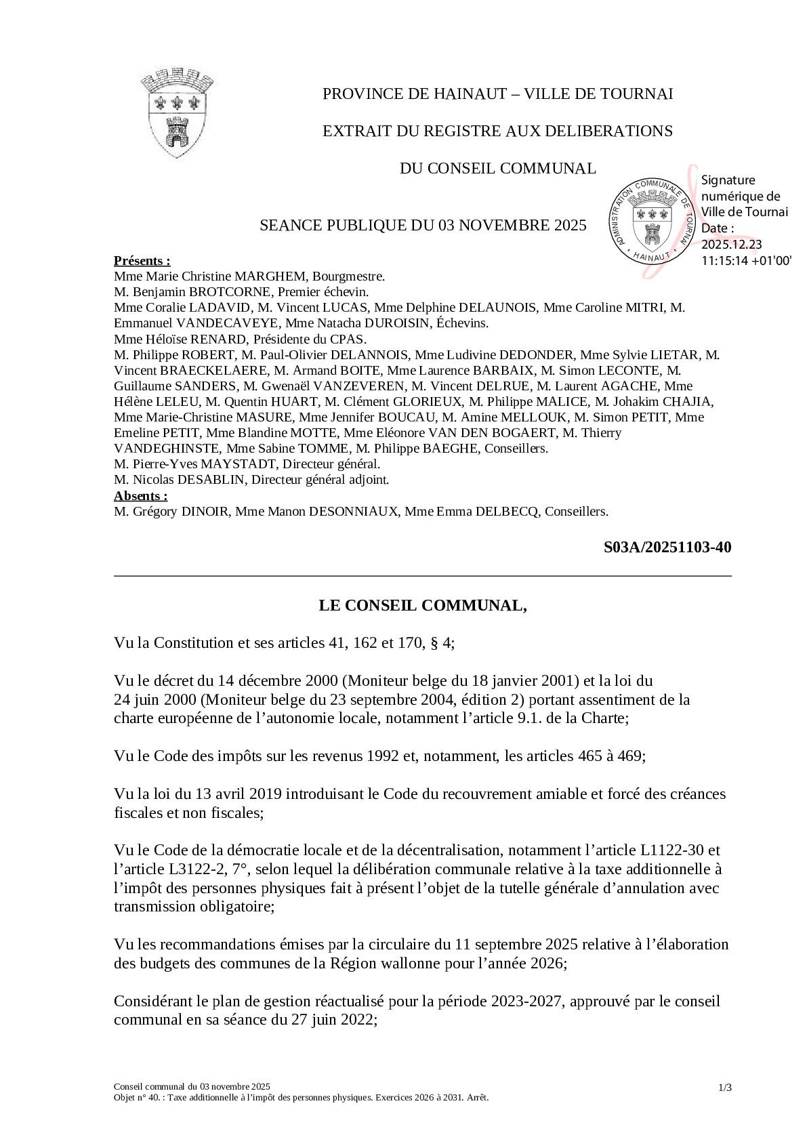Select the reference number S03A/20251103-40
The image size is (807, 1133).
(667, 548)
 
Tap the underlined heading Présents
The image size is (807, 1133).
(142, 261)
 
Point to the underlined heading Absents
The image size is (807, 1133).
(140, 495)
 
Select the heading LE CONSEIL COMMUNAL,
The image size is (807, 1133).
(423, 605)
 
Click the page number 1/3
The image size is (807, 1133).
(724, 1088)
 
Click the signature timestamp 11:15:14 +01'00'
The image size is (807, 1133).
(746, 260)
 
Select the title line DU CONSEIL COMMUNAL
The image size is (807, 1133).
(497, 168)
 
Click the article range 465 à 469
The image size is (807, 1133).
(608, 756)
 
